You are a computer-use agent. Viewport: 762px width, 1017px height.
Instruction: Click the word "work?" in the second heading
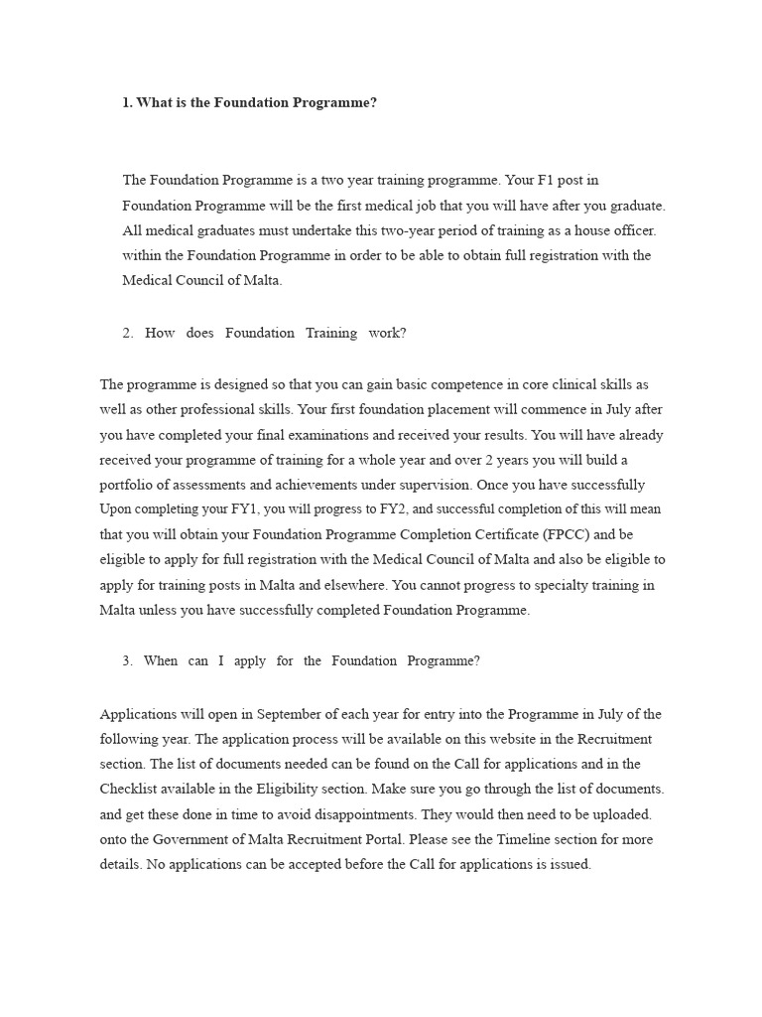(x=387, y=333)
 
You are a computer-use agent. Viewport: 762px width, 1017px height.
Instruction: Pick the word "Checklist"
(x=134, y=790)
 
